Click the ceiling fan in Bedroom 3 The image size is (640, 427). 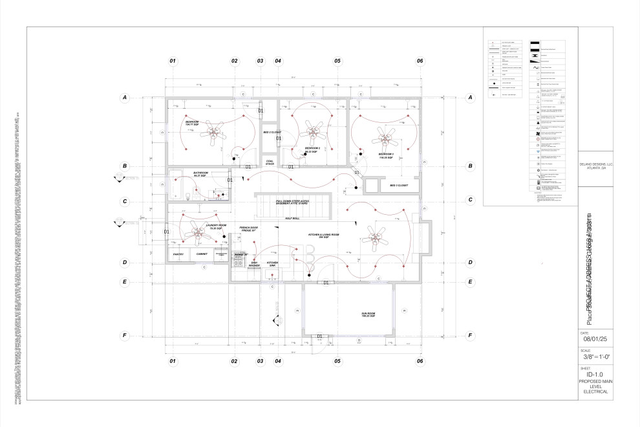[388, 135]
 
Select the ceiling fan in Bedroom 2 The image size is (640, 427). [315, 132]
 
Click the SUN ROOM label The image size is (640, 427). [368, 314]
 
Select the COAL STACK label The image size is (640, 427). [270, 162]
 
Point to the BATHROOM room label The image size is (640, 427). [201, 174]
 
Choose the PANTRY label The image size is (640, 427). [178, 254]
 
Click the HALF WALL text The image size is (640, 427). [292, 219]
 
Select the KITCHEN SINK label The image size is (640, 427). [273, 264]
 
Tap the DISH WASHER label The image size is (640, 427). [254, 264]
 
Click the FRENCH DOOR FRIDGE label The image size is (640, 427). [249, 229]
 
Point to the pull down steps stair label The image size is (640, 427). [293, 203]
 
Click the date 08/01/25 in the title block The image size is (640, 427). [596, 338]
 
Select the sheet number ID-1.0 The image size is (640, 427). [595, 374]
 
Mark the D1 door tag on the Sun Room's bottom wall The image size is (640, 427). [319, 336]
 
